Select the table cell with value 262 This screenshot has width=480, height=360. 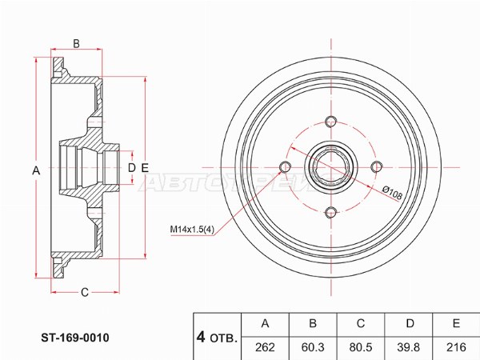[x=266, y=346]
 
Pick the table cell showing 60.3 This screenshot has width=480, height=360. [x=314, y=346]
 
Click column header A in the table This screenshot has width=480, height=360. [x=266, y=324]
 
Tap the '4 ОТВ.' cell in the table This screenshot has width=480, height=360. [x=216, y=335]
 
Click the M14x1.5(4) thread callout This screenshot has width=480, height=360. [x=191, y=230]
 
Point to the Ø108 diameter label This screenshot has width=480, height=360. [x=392, y=192]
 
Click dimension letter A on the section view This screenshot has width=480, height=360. [x=34, y=170]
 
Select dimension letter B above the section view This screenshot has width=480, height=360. [x=77, y=43]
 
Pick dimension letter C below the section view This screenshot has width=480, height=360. [x=84, y=292]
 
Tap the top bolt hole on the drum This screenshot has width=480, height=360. [x=330, y=122]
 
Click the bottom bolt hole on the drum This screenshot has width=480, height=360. [x=330, y=212]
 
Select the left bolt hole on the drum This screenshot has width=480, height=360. [x=285, y=166]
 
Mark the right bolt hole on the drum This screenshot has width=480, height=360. [x=375, y=166]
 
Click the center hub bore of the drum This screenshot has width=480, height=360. [x=330, y=166]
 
